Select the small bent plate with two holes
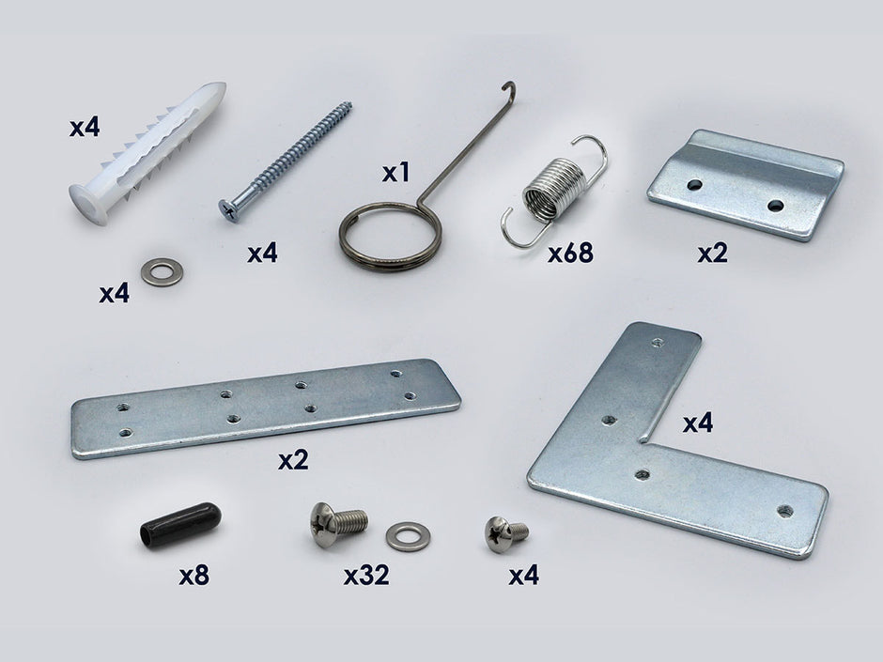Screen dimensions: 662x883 746,184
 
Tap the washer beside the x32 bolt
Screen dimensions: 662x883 405,536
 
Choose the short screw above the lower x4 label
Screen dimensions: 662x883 504,533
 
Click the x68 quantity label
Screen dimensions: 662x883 570,253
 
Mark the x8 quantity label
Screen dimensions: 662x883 194,576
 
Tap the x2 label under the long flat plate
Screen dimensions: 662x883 292,461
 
